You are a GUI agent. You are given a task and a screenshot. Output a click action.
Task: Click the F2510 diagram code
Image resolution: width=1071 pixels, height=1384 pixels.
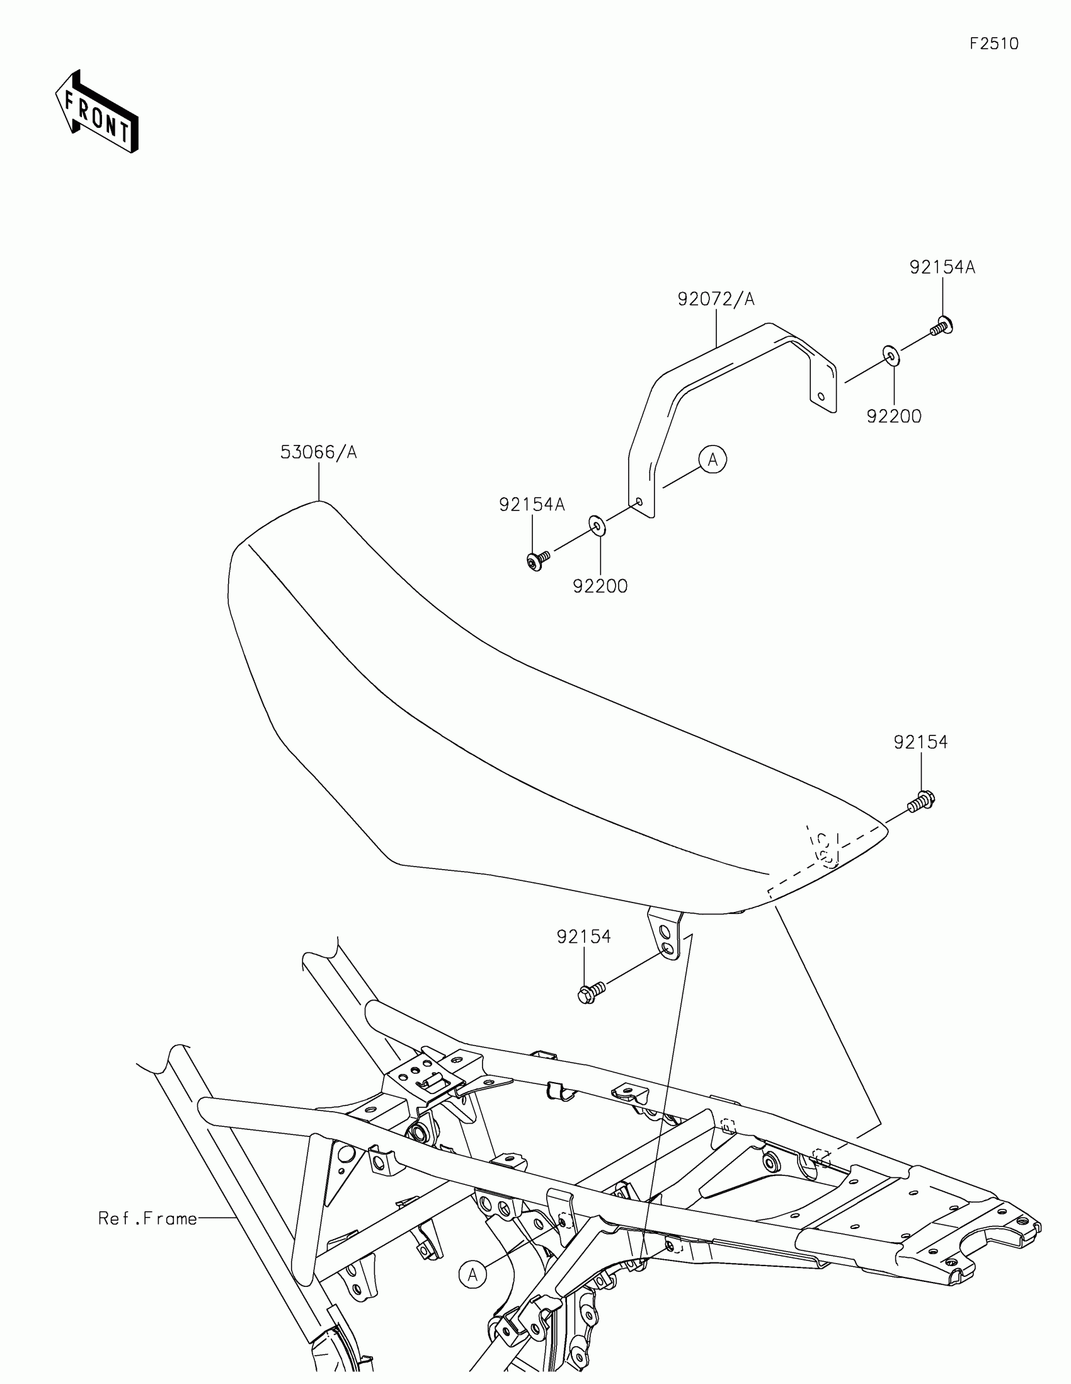pyautogui.click(x=994, y=43)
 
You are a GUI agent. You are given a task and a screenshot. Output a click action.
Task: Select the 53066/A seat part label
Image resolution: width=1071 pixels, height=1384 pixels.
pyautogui.click(x=319, y=453)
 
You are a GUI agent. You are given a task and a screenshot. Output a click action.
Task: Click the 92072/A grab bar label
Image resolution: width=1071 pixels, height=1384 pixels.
pyautogui.click(x=716, y=299)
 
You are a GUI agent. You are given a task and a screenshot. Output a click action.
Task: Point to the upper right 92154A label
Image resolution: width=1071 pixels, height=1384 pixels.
pyautogui.click(x=942, y=267)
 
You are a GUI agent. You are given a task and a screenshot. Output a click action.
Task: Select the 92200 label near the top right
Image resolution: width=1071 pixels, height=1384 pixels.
pyautogui.click(x=894, y=417)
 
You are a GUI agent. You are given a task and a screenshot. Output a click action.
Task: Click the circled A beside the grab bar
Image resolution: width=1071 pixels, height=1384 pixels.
pyautogui.click(x=713, y=459)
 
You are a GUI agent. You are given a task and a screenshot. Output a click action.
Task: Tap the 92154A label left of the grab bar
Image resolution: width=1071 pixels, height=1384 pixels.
pyautogui.click(x=531, y=504)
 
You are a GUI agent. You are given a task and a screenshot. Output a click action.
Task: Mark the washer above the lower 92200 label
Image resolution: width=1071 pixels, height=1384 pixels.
pyautogui.click(x=597, y=526)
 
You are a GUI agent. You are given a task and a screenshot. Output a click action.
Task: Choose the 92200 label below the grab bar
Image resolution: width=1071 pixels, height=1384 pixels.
pyautogui.click(x=600, y=586)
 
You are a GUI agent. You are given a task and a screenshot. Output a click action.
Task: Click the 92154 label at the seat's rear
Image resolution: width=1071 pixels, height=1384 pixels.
pyautogui.click(x=920, y=742)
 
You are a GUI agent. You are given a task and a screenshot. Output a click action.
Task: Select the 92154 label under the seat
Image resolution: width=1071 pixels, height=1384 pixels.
pyautogui.click(x=583, y=937)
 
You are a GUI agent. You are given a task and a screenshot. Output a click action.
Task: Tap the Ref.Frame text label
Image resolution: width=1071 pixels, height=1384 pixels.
pyautogui.click(x=147, y=1219)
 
